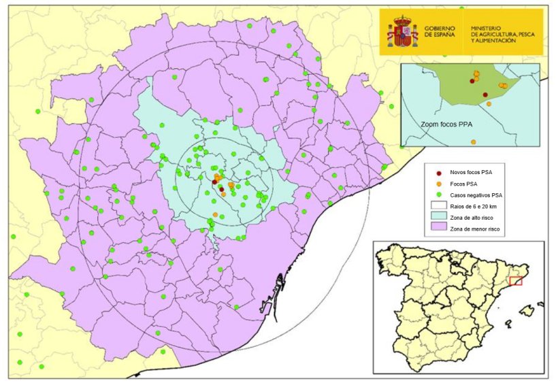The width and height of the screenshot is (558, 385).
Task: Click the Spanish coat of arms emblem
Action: (x=402, y=32)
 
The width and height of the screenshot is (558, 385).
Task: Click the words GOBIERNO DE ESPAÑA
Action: (x=442, y=32)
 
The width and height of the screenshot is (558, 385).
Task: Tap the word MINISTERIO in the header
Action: (x=491, y=28)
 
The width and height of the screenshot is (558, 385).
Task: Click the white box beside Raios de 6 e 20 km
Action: (x=440, y=207)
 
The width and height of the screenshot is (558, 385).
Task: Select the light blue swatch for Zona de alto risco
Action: (x=440, y=217)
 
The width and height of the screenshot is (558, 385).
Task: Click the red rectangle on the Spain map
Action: (x=516, y=280)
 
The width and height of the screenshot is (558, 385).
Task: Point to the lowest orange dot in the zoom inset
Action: (x=473, y=141)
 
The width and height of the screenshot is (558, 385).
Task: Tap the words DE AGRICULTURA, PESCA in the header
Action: (x=502, y=34)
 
